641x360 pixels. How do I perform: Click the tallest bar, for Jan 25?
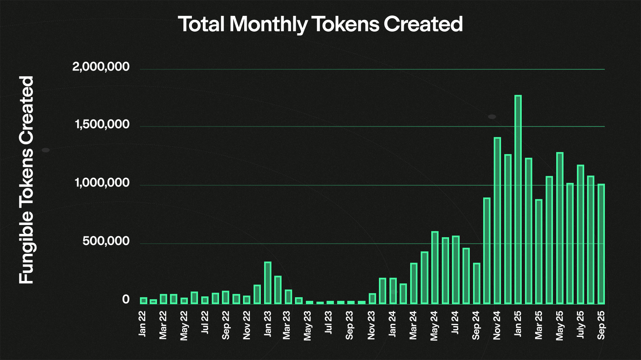pos(518,199)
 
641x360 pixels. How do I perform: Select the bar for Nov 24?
pos(497,221)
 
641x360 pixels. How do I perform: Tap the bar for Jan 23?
pos(268,283)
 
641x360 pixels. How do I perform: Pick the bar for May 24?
pos(435,268)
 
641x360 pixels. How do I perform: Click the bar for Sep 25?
pos(601,244)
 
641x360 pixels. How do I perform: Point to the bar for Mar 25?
pos(539,251)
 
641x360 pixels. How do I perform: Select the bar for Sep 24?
pos(477,283)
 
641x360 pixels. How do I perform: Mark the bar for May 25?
pos(560,228)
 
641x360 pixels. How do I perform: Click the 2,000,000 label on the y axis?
pos(101,67)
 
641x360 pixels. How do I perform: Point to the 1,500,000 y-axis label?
pos(102,125)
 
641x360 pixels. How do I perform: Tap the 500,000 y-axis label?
pos(106,242)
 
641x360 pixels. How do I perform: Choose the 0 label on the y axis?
pos(126,300)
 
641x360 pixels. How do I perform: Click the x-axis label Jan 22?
pos(142,324)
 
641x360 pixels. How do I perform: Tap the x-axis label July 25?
pos(581,325)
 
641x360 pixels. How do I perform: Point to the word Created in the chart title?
pos(423,24)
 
